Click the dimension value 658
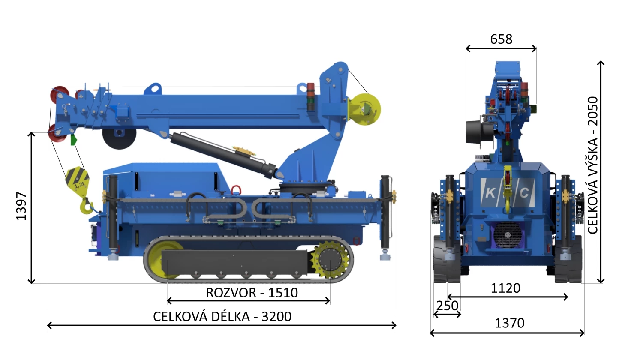[501, 39]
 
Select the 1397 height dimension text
[21, 206]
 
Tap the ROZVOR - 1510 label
[252, 293]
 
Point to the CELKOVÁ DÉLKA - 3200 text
[222, 317]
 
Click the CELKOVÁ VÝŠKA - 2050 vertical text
[592, 165]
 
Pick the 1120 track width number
[505, 288]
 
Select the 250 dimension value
[447, 306]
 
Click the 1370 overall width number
[510, 323]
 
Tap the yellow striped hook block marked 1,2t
[77, 180]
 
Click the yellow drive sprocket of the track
[331, 261]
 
